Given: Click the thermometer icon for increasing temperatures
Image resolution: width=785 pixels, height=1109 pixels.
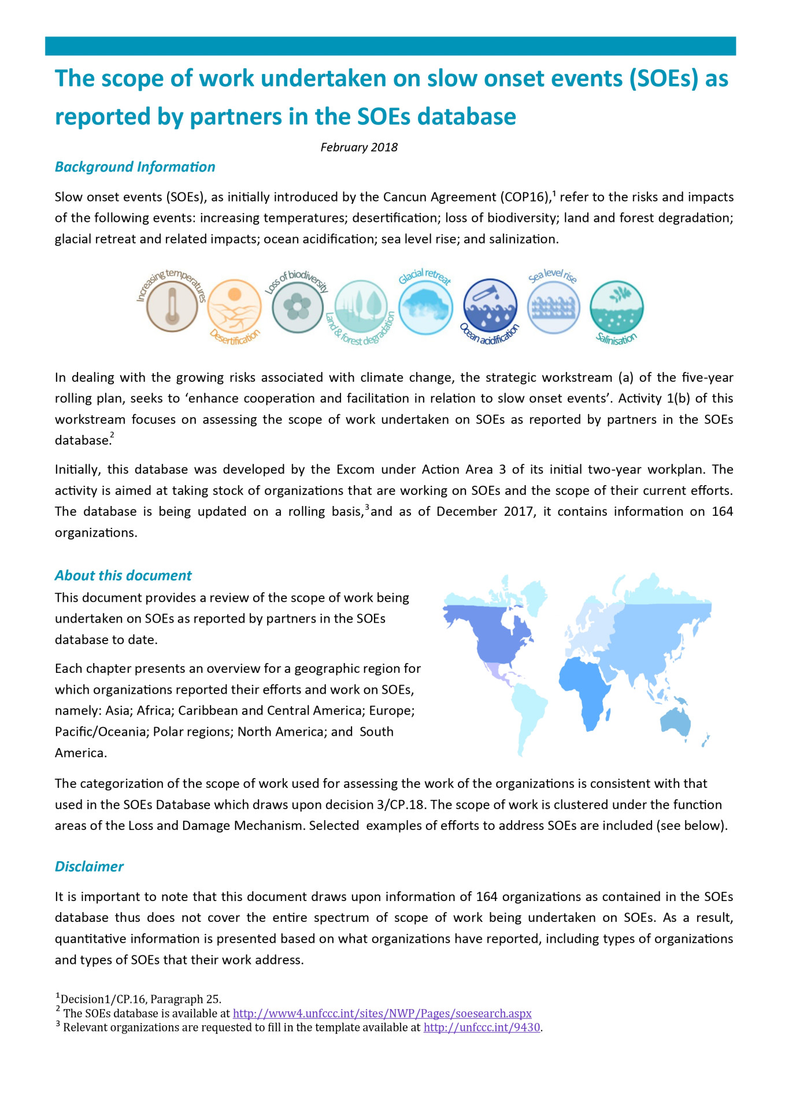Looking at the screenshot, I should coord(172,306).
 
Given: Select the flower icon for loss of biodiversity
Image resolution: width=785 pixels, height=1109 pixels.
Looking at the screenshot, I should coord(297,306).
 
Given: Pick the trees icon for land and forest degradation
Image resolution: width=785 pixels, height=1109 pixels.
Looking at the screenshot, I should coord(361,307).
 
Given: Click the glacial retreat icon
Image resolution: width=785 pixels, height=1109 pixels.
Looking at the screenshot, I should coord(425,307).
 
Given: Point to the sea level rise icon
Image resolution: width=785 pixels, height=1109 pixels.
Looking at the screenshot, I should coord(554,307).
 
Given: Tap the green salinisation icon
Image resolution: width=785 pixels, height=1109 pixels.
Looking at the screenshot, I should coord(617,307).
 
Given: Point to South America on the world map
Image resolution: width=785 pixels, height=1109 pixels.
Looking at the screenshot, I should coord(529,716).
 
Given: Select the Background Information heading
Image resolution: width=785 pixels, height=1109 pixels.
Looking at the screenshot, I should coord(135,167).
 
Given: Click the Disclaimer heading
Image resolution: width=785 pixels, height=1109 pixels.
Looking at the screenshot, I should coord(89,866).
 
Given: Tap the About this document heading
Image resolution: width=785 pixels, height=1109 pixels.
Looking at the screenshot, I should coord(123,575).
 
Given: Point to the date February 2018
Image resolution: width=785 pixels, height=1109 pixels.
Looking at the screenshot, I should coord(359,147).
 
